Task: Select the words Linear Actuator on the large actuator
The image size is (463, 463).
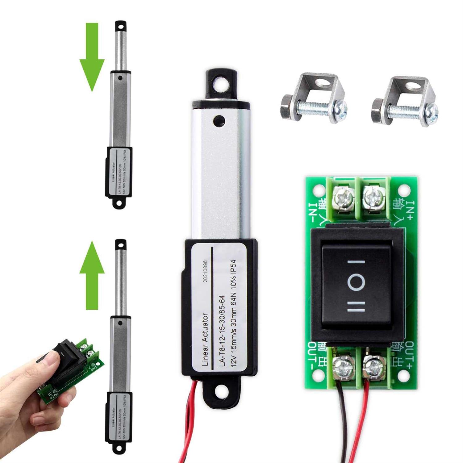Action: click(x=206, y=340)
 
